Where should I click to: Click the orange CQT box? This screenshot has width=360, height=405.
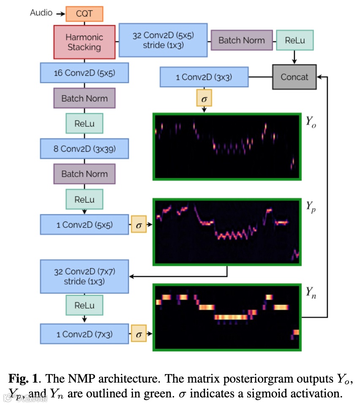coord(84,13)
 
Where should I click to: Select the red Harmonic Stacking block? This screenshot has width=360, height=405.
coord(84,42)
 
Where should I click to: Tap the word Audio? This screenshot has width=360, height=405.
coord(41,13)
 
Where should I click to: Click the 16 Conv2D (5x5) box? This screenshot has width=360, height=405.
coord(84,73)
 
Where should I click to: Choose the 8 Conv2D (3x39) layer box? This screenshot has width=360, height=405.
coord(84,149)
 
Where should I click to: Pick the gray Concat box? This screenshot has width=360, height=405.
coord(294,77)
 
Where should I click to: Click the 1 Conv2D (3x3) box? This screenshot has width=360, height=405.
coord(204,77)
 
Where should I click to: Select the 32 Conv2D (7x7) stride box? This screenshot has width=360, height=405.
coord(84,276)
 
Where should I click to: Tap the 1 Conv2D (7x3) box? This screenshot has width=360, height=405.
coord(84,334)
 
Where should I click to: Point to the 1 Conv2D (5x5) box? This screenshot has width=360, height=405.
coord(84,224)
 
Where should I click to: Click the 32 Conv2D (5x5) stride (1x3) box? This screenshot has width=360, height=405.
coord(163,40)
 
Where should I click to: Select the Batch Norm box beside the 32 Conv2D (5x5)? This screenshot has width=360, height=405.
coord(241,41)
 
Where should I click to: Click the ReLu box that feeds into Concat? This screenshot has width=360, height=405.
coord(295,41)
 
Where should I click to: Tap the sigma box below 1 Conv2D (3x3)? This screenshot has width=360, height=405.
coord(204,99)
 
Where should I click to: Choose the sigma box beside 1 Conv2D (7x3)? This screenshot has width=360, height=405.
coord(139,334)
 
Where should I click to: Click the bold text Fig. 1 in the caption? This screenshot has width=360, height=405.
coord(23,377)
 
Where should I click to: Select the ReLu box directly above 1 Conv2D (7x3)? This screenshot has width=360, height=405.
coord(84,305)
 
